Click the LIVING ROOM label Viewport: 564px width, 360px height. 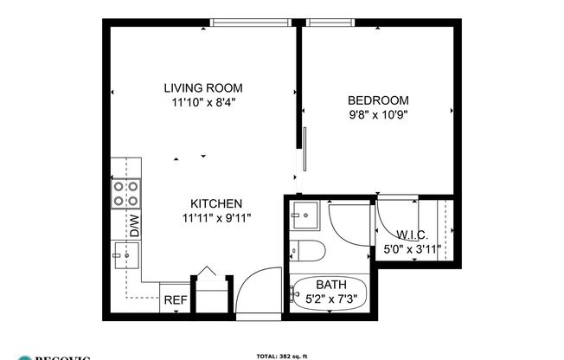[x=203, y=87]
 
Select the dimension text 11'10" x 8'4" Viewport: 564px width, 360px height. [x=203, y=102]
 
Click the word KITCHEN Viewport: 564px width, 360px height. [x=211, y=203]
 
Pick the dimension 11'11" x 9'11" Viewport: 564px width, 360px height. [x=216, y=218]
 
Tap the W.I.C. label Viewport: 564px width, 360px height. [x=413, y=235]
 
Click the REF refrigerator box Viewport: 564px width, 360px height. [x=175, y=300]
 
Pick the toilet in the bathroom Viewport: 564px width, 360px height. [x=308, y=252]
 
